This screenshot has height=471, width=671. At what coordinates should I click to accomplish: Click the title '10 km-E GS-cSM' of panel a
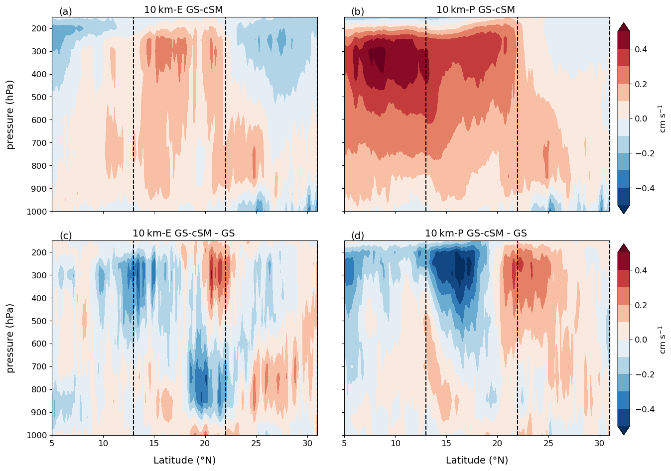183,9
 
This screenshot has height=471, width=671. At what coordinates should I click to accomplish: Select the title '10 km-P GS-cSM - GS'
476,233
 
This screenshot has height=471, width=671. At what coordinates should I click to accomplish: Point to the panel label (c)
66,235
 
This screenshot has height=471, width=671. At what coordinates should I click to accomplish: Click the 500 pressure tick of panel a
39,97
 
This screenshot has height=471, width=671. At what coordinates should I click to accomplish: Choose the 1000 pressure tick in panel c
37,435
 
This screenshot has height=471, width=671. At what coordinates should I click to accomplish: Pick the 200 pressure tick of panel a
39,28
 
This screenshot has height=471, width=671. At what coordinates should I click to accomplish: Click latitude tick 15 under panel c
154,444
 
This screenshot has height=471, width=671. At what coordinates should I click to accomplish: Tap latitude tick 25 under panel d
548,444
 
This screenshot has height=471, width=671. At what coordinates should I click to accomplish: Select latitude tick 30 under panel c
307,444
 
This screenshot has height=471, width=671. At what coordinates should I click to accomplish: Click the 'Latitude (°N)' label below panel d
477,460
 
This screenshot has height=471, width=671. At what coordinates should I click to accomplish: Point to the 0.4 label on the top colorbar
641,49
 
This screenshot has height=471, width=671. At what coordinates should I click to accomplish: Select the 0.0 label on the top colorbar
641,118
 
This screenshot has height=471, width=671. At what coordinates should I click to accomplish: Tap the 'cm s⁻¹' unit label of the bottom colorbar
662,340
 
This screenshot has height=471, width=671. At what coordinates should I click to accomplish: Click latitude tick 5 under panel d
344,444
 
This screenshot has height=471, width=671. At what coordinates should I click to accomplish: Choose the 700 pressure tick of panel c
39,366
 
